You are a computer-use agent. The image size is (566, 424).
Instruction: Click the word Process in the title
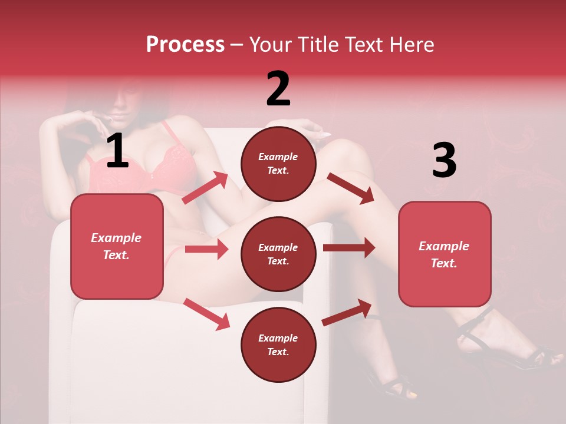(x=185, y=45)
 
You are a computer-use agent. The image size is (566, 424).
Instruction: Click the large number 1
(x=117, y=151)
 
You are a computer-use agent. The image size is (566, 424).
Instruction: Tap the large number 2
(x=278, y=89)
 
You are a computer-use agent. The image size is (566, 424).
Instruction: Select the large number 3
(x=444, y=160)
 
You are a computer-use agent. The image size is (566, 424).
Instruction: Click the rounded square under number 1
(x=117, y=246)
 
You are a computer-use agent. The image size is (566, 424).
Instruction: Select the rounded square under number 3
(x=445, y=254)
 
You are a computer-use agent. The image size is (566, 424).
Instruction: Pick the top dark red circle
(x=278, y=164)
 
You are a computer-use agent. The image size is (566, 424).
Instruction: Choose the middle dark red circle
(x=278, y=254)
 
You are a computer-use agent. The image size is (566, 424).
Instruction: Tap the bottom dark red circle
(x=278, y=344)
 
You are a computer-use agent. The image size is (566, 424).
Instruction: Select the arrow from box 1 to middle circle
(x=206, y=249)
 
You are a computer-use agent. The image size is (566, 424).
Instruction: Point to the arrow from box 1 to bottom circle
(x=207, y=314)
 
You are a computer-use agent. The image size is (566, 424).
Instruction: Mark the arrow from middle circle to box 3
(x=348, y=248)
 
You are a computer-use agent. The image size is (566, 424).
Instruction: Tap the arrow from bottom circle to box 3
(x=347, y=312)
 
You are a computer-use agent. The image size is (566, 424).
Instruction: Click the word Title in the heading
(x=318, y=45)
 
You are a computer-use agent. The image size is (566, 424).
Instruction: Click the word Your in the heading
(x=271, y=45)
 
